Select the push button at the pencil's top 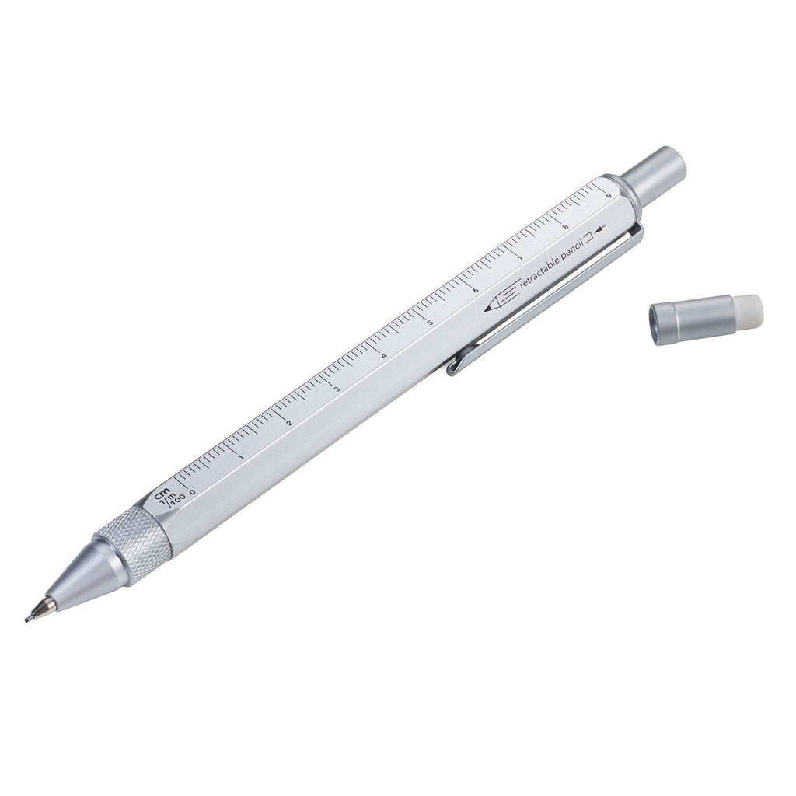click(655, 174)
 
